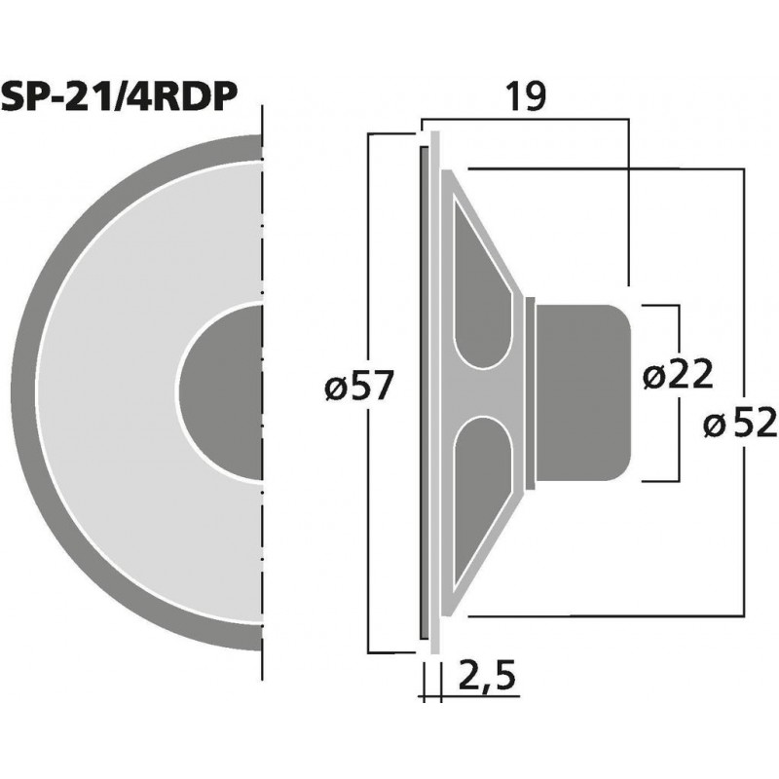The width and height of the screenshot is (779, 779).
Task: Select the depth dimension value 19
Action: pos(524,96)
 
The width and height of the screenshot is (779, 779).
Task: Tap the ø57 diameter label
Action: pos(359,389)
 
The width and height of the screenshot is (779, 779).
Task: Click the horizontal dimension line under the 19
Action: pos(526,120)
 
